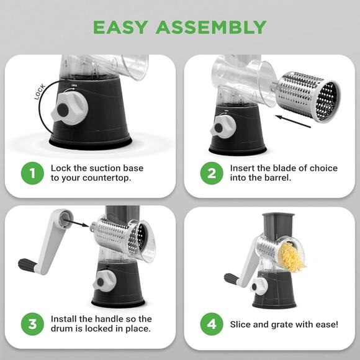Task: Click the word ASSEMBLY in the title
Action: (x=212, y=27)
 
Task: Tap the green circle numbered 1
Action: (x=32, y=173)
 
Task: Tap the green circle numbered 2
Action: (x=212, y=173)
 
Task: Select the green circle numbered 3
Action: (x=32, y=324)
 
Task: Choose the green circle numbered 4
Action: (x=212, y=324)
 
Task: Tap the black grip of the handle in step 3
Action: (x=27, y=265)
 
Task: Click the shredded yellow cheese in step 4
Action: (x=292, y=256)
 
